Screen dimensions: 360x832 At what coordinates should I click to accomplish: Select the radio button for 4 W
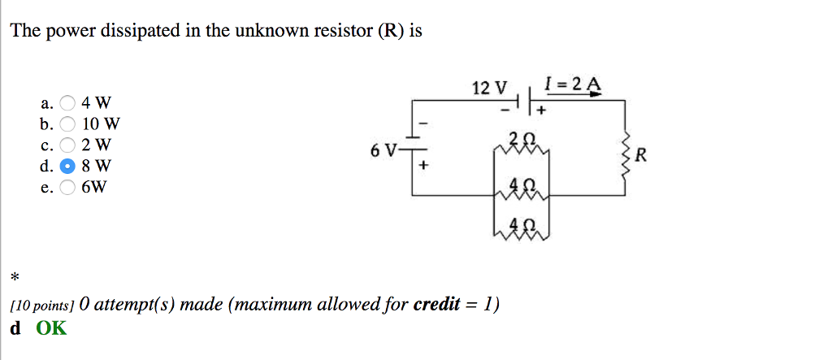point(68,103)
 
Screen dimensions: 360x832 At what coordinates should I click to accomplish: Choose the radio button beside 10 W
point(68,125)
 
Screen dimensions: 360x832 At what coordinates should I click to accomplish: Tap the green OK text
point(51,328)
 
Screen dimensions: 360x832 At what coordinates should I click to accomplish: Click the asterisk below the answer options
point(14,279)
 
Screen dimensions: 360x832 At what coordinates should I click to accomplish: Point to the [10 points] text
point(42,306)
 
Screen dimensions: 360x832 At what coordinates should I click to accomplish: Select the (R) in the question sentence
point(388,32)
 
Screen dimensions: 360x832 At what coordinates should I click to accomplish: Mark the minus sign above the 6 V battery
point(422,126)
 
